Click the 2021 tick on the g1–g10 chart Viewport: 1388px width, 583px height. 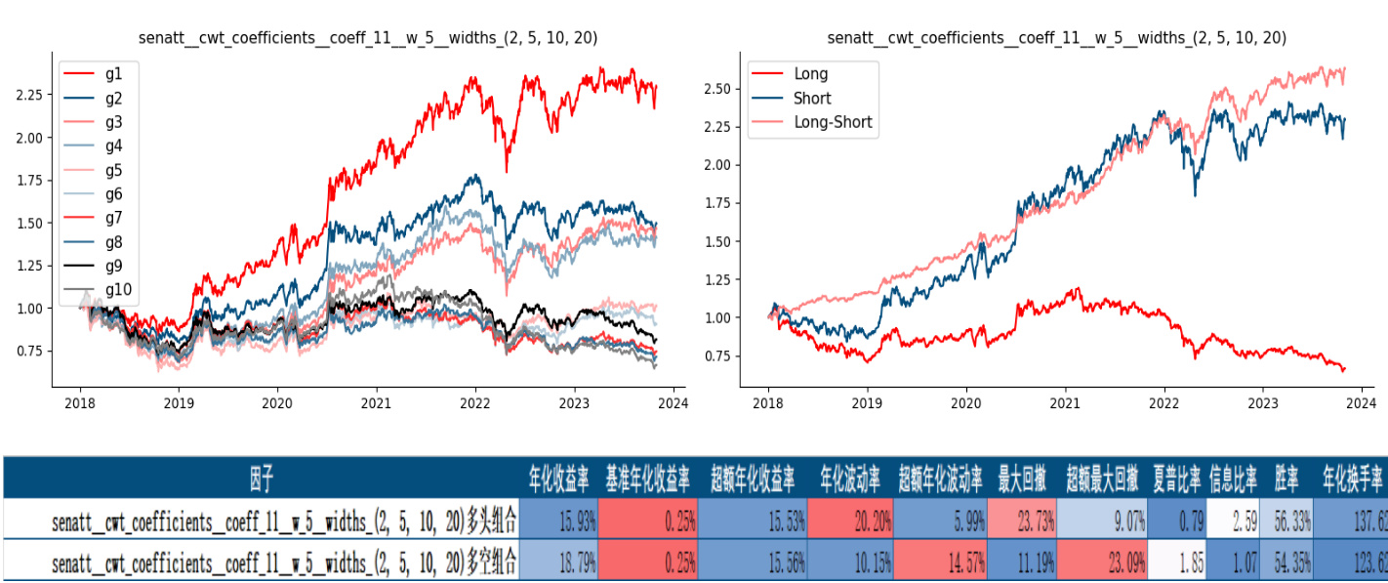pyautogui.click(x=376, y=401)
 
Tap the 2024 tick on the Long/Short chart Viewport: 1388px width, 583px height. pyautogui.click(x=1362, y=401)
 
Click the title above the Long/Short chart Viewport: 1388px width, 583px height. pyautogui.click(x=1056, y=38)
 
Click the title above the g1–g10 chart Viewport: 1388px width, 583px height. pyautogui.click(x=368, y=38)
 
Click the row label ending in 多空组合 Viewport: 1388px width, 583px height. pyautogui.click(x=283, y=563)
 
